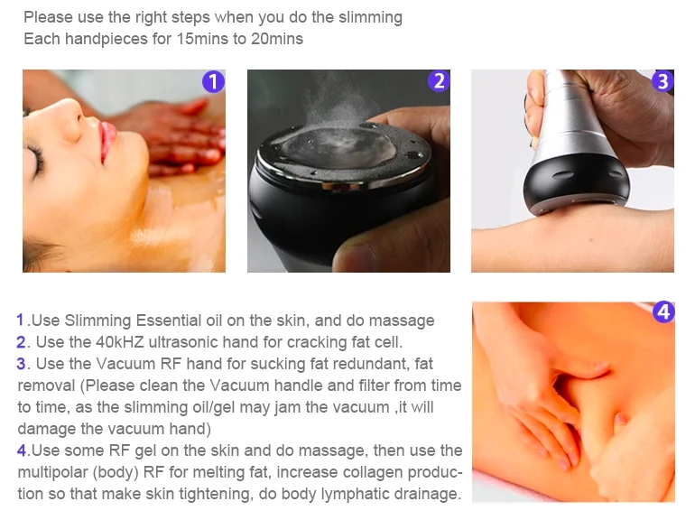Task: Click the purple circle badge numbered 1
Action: [213, 81]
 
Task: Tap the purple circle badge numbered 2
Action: [439, 81]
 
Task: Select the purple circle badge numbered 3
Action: [663, 81]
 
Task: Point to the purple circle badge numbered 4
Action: [663, 312]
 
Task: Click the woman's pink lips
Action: [107, 140]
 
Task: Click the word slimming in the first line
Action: [370, 18]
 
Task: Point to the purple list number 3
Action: [22, 364]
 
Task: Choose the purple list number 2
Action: [22, 342]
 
